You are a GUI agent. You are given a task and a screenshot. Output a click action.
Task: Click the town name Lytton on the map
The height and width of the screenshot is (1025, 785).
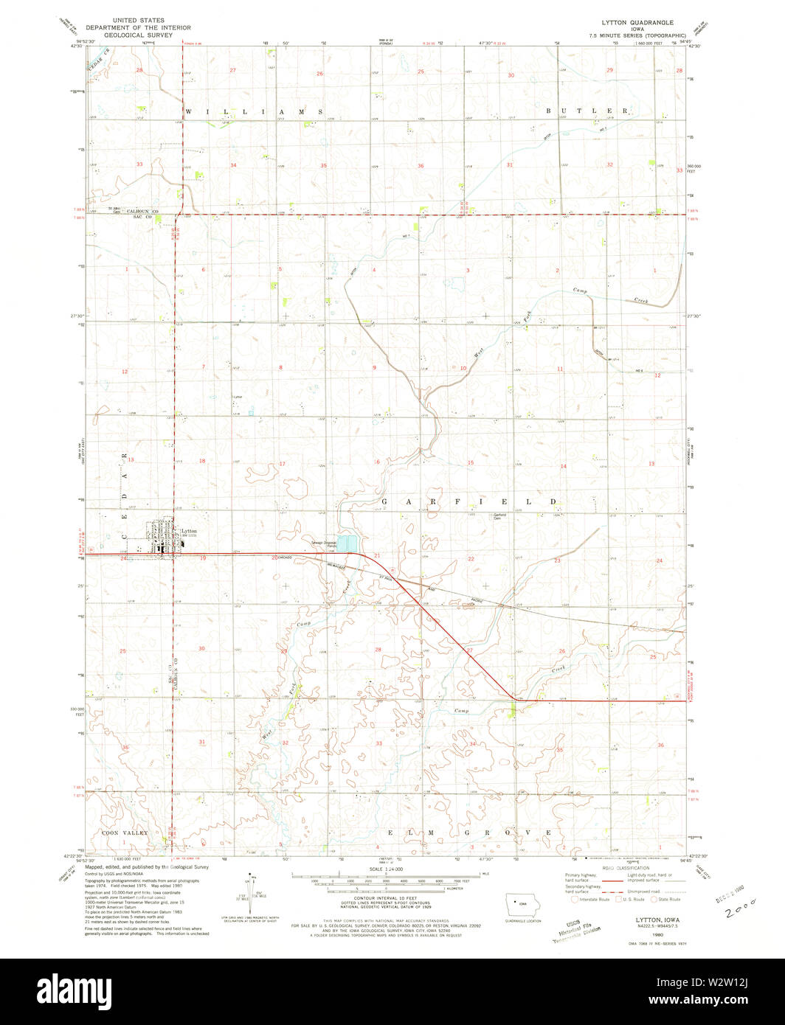coord(189,530)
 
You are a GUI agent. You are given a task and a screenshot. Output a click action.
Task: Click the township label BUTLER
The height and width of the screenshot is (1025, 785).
coord(587,111)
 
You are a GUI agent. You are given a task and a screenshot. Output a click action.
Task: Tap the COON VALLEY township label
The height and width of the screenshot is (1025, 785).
coord(123,833)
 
